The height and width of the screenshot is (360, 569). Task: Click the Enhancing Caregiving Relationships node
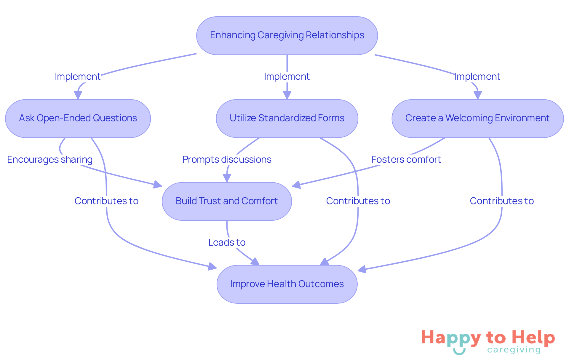pos(287,36)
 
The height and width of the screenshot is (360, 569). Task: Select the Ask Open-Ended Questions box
pos(78,118)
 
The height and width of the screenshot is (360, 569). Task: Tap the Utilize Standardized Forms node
pos(287,118)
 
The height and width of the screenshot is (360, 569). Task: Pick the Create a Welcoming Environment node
pos(477,118)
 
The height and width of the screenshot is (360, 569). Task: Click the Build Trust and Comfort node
pos(227,201)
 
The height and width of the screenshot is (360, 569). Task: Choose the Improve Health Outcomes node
pos(287,284)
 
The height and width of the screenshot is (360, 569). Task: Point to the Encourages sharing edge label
pos(50,160)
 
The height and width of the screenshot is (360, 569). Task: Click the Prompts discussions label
pos(227,160)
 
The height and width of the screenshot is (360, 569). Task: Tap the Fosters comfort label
pos(406,160)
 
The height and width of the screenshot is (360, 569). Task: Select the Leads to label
pos(227,243)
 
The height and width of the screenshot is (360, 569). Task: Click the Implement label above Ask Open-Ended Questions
pos(78,77)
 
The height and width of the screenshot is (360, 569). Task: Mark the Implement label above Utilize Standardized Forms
pos(287,77)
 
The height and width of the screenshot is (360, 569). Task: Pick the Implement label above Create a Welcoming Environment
pos(477,77)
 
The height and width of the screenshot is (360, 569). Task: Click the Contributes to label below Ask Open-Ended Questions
pos(106,201)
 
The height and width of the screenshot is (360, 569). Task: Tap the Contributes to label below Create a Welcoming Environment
pos(502,201)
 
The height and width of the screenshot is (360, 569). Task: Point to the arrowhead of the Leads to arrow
pos(255,262)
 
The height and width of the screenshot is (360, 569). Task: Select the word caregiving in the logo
pos(514,350)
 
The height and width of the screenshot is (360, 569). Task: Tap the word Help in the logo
pos(533,338)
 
